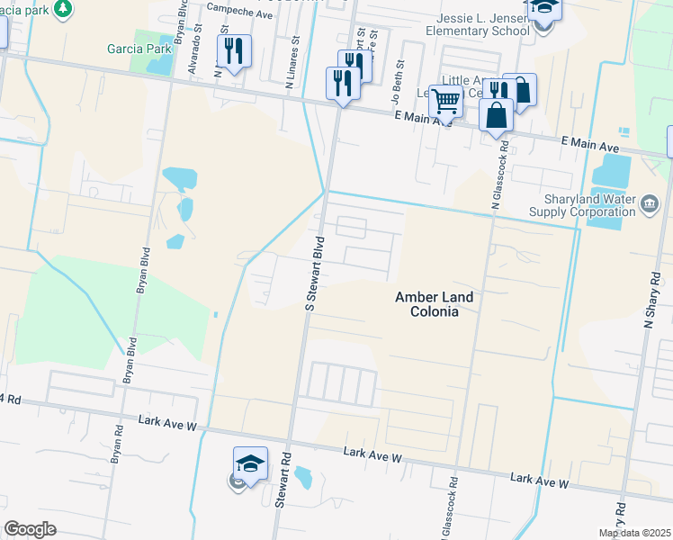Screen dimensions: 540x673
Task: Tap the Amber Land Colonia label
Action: tap(434, 304)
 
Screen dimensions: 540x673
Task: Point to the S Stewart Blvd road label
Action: tap(314, 274)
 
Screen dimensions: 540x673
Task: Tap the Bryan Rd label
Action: tap(117, 445)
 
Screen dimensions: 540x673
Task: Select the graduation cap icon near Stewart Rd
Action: tap(250, 463)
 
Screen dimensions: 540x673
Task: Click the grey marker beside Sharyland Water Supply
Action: tap(649, 207)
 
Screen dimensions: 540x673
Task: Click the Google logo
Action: tap(30, 529)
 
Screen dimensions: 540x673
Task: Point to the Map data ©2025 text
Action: tap(634, 533)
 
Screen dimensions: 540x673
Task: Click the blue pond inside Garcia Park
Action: tap(159, 64)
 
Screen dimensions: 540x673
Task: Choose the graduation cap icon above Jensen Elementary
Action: tap(544, 7)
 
